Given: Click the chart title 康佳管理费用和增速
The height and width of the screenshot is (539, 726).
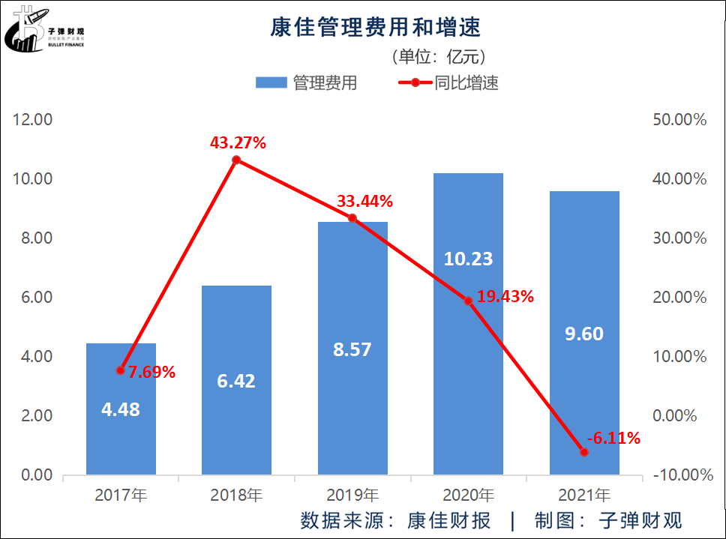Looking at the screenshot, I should (x=375, y=28).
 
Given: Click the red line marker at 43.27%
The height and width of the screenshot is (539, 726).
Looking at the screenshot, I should (x=236, y=160).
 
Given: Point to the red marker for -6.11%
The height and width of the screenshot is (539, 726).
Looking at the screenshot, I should (x=584, y=451).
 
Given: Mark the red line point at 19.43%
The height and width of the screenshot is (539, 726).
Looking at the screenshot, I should (x=468, y=301).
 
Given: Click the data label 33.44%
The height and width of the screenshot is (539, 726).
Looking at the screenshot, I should (x=365, y=201).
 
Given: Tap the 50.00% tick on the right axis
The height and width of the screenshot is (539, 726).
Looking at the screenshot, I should (x=679, y=120).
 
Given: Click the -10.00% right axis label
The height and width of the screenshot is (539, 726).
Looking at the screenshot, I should (x=679, y=475).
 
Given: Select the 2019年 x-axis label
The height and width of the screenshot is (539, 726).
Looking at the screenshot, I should (x=352, y=496).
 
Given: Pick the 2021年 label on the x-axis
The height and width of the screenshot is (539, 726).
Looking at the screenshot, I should (x=584, y=496).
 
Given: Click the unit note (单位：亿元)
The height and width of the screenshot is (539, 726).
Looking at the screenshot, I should (x=439, y=56).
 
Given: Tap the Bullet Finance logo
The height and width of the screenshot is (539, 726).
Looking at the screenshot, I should (x=44, y=30).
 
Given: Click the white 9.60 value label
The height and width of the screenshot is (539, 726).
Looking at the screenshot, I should (x=584, y=334).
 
